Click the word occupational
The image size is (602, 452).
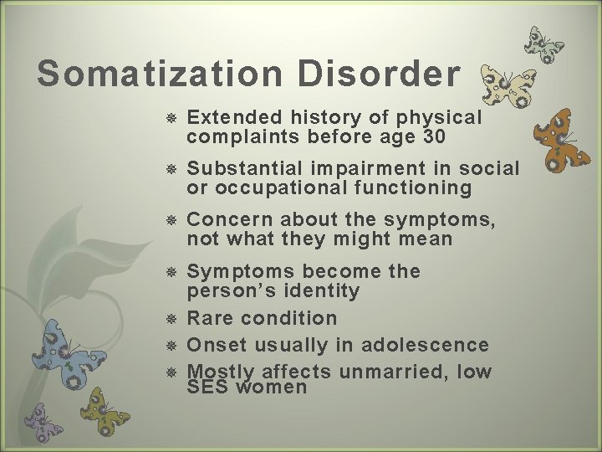click(x=283, y=187)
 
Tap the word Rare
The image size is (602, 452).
click(x=211, y=318)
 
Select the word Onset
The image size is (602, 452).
click(x=215, y=345)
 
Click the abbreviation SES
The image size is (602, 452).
click(x=206, y=388)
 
